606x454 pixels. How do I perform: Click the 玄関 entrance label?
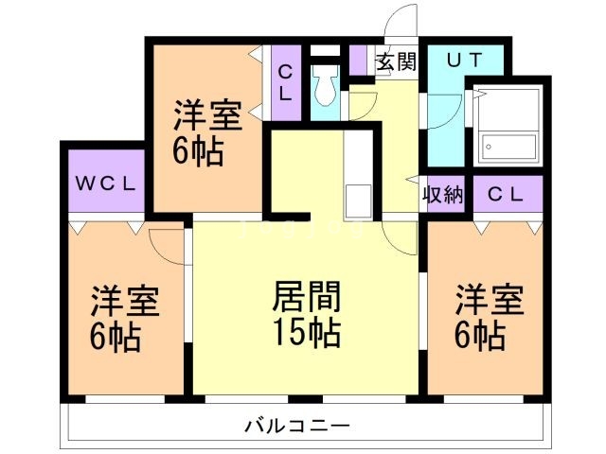point(396,62)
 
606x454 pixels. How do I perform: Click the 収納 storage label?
point(441,195)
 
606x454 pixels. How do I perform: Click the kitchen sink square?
point(358,200)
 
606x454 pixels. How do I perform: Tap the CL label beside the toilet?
point(285,83)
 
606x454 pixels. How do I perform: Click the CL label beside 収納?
point(507,195)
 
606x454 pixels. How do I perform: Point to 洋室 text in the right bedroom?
point(490,301)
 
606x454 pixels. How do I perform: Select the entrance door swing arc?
point(404,21)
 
